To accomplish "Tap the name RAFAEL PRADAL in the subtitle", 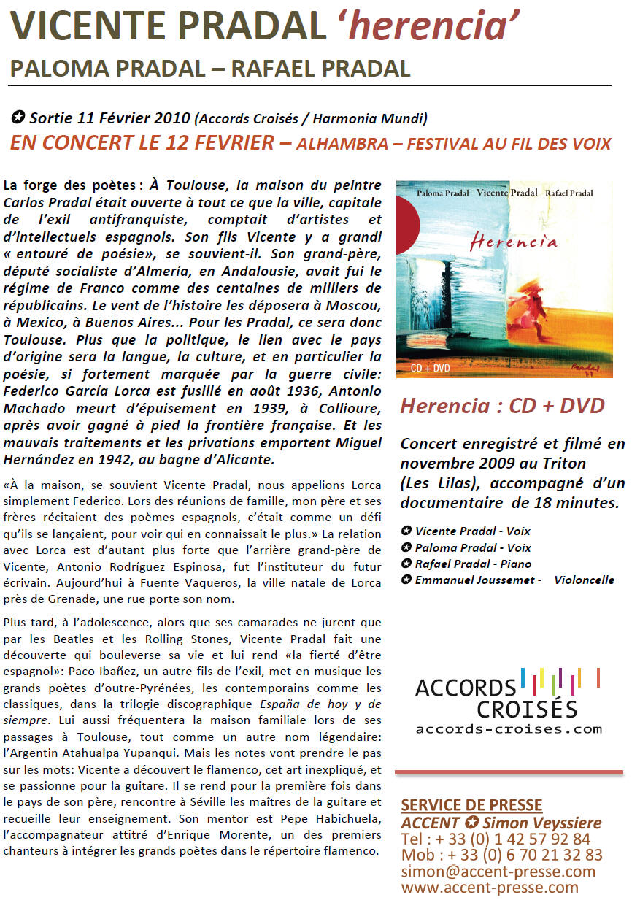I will (320, 69).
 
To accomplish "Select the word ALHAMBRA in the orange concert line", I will (342, 144).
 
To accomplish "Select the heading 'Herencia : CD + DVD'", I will (502, 406).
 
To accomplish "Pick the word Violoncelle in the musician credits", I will (584, 580).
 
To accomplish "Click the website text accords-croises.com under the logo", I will (509, 728).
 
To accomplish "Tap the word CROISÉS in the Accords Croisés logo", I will (527, 708).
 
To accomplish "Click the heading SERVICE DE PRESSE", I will (471, 805).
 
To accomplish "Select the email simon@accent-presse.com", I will (498, 872).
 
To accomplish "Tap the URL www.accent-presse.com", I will (489, 888).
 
